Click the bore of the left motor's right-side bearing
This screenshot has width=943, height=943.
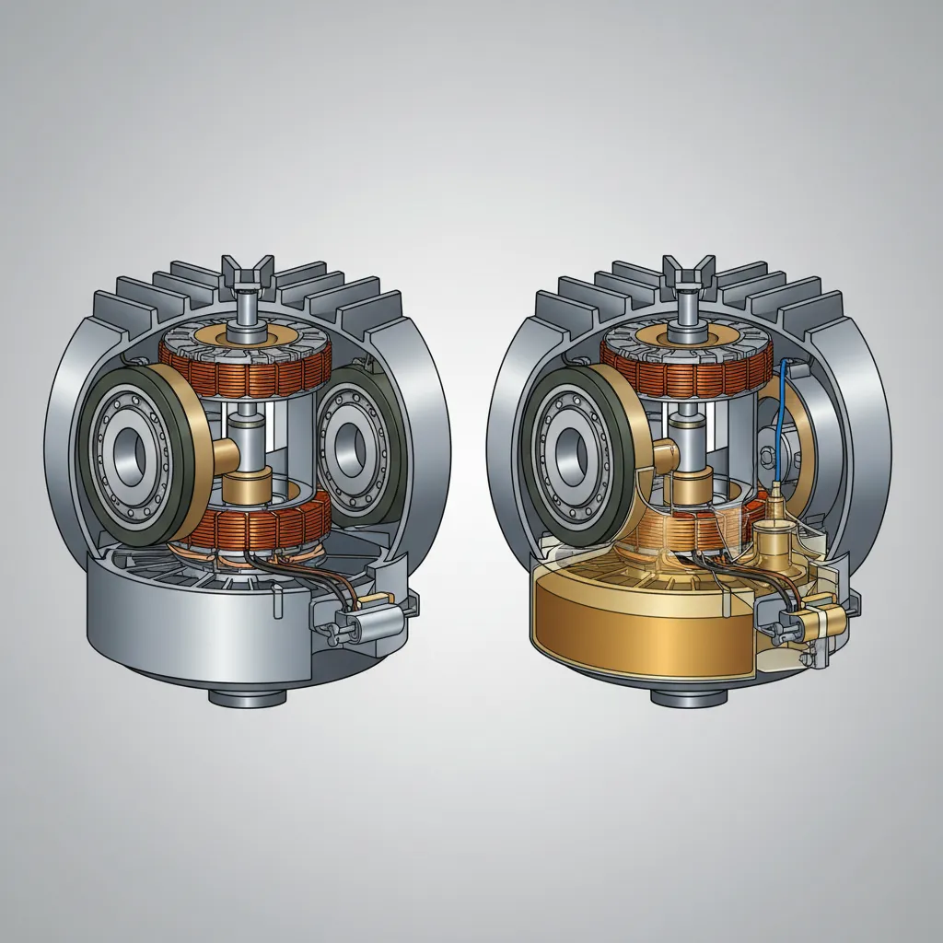point(354,448)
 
